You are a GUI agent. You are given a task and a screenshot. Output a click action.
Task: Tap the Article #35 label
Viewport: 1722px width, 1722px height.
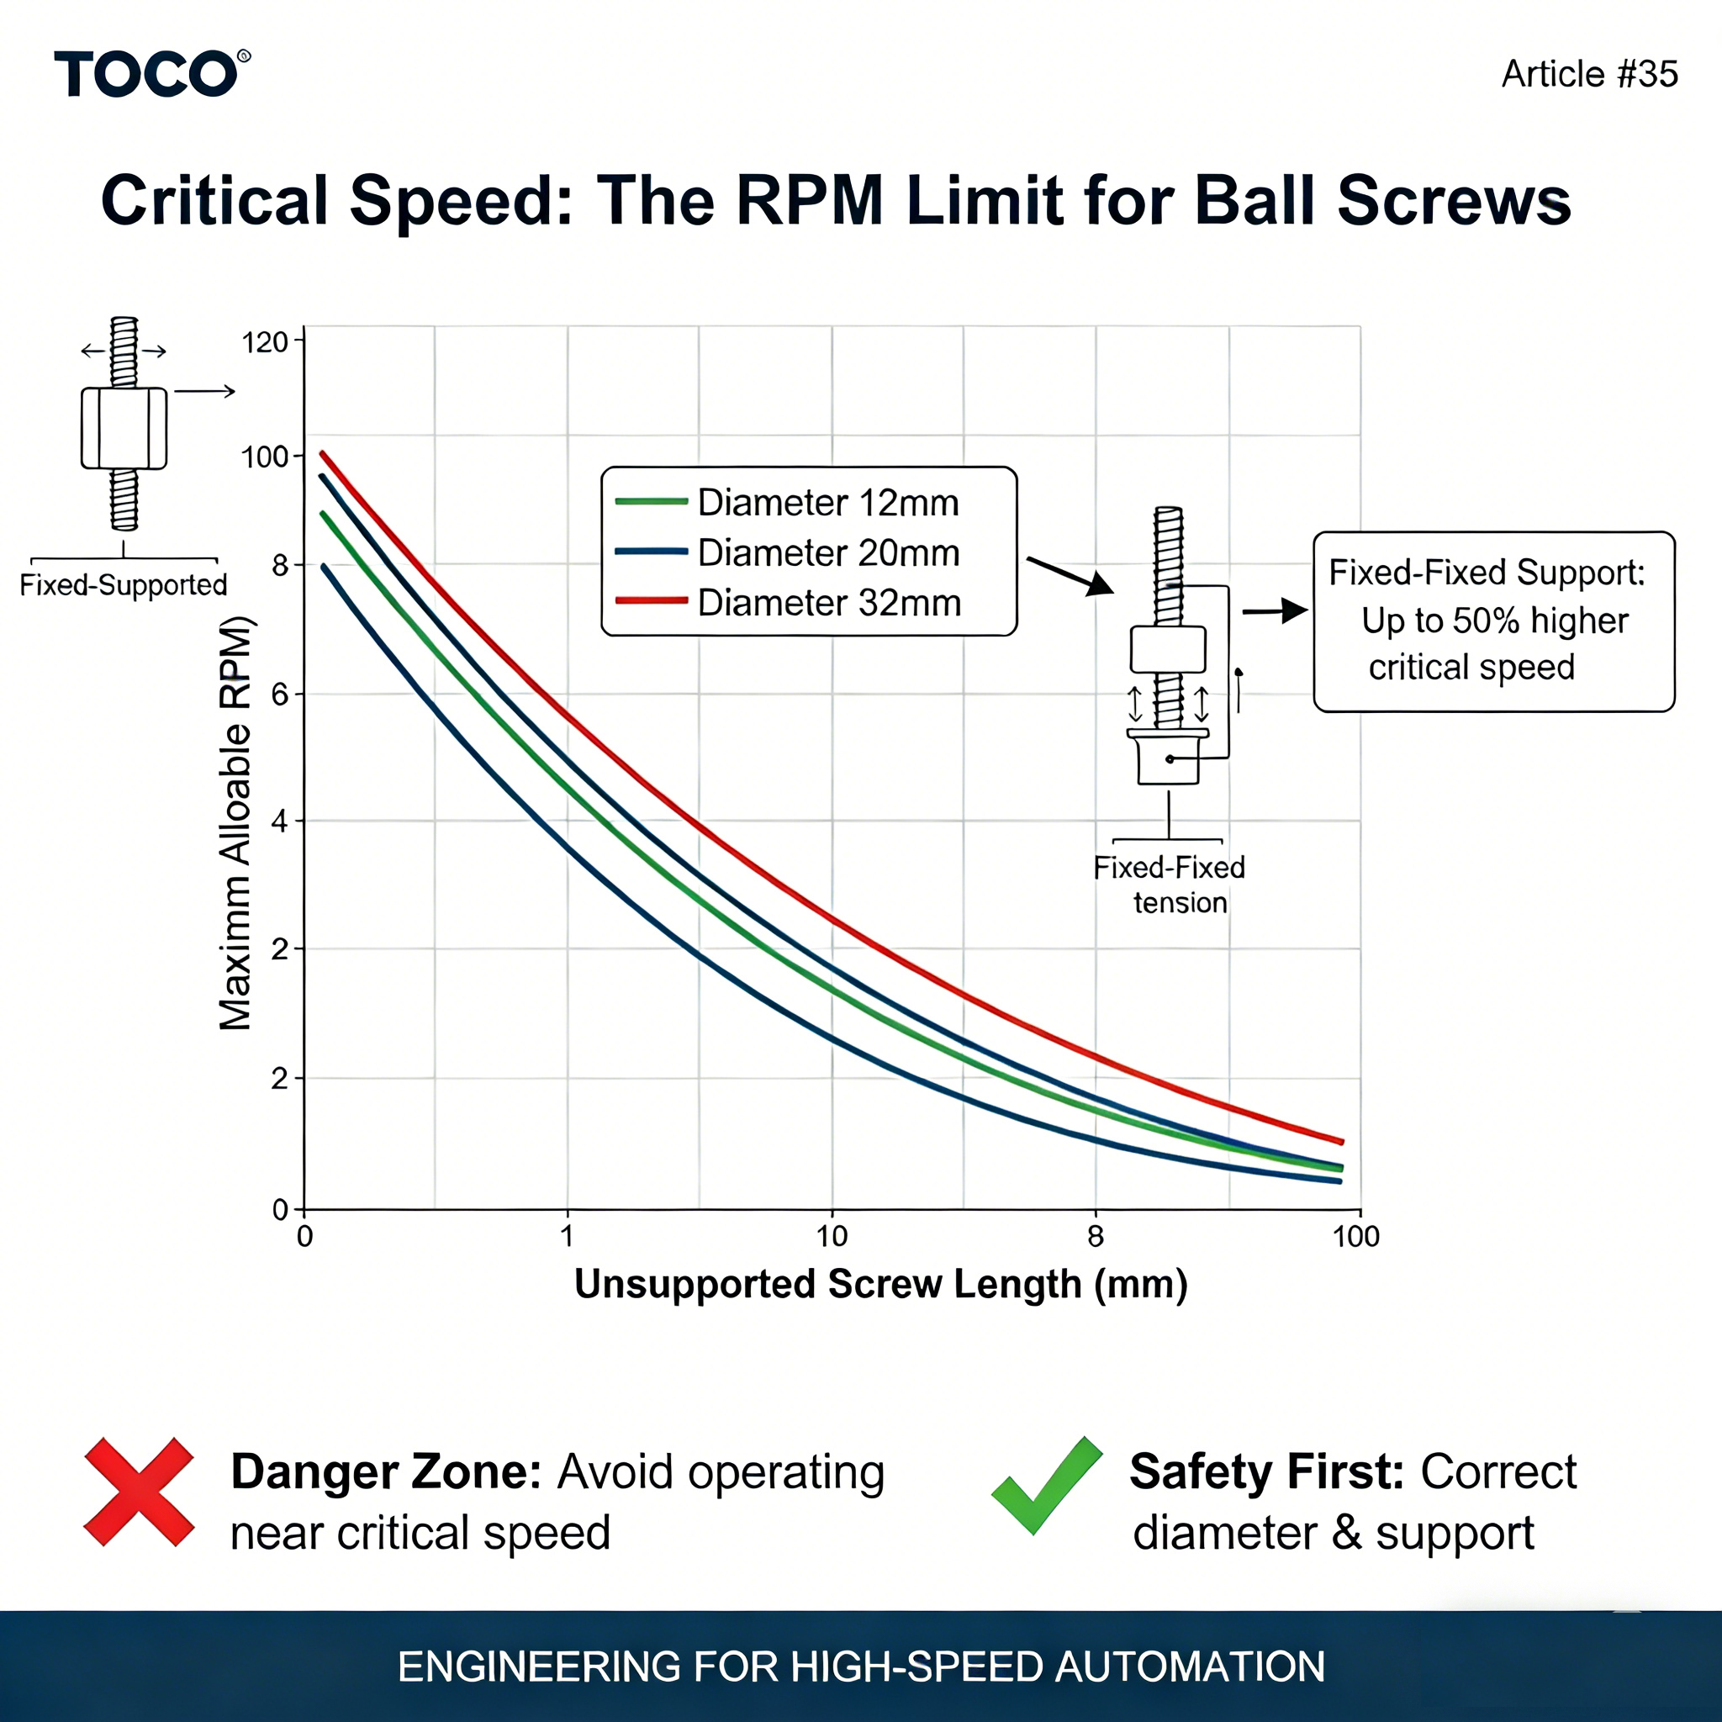[x=1589, y=74]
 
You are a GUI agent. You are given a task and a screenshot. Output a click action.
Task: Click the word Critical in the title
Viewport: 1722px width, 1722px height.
[x=214, y=201]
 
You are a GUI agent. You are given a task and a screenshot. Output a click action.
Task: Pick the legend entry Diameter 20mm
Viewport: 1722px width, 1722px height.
[x=828, y=553]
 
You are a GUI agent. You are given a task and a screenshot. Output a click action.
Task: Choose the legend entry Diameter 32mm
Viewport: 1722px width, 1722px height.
[x=828, y=604]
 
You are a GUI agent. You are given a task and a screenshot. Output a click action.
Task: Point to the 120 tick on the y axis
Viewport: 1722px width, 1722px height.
[x=265, y=342]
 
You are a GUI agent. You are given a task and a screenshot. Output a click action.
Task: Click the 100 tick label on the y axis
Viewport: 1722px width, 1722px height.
[x=265, y=457]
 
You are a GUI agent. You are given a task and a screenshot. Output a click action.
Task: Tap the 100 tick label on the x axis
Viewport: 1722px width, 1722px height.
[x=1355, y=1236]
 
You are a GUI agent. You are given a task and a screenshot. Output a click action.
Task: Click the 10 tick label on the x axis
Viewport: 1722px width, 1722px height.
[x=832, y=1236]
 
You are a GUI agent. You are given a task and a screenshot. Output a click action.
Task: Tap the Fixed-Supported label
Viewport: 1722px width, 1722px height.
[x=123, y=584]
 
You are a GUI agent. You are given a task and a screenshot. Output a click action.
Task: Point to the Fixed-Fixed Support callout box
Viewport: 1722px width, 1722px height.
[x=1494, y=621]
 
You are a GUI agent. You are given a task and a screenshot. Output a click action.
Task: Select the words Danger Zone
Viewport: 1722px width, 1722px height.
[x=386, y=1471]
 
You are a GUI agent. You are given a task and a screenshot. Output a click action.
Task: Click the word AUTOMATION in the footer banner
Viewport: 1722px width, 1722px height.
[x=1190, y=1667]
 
